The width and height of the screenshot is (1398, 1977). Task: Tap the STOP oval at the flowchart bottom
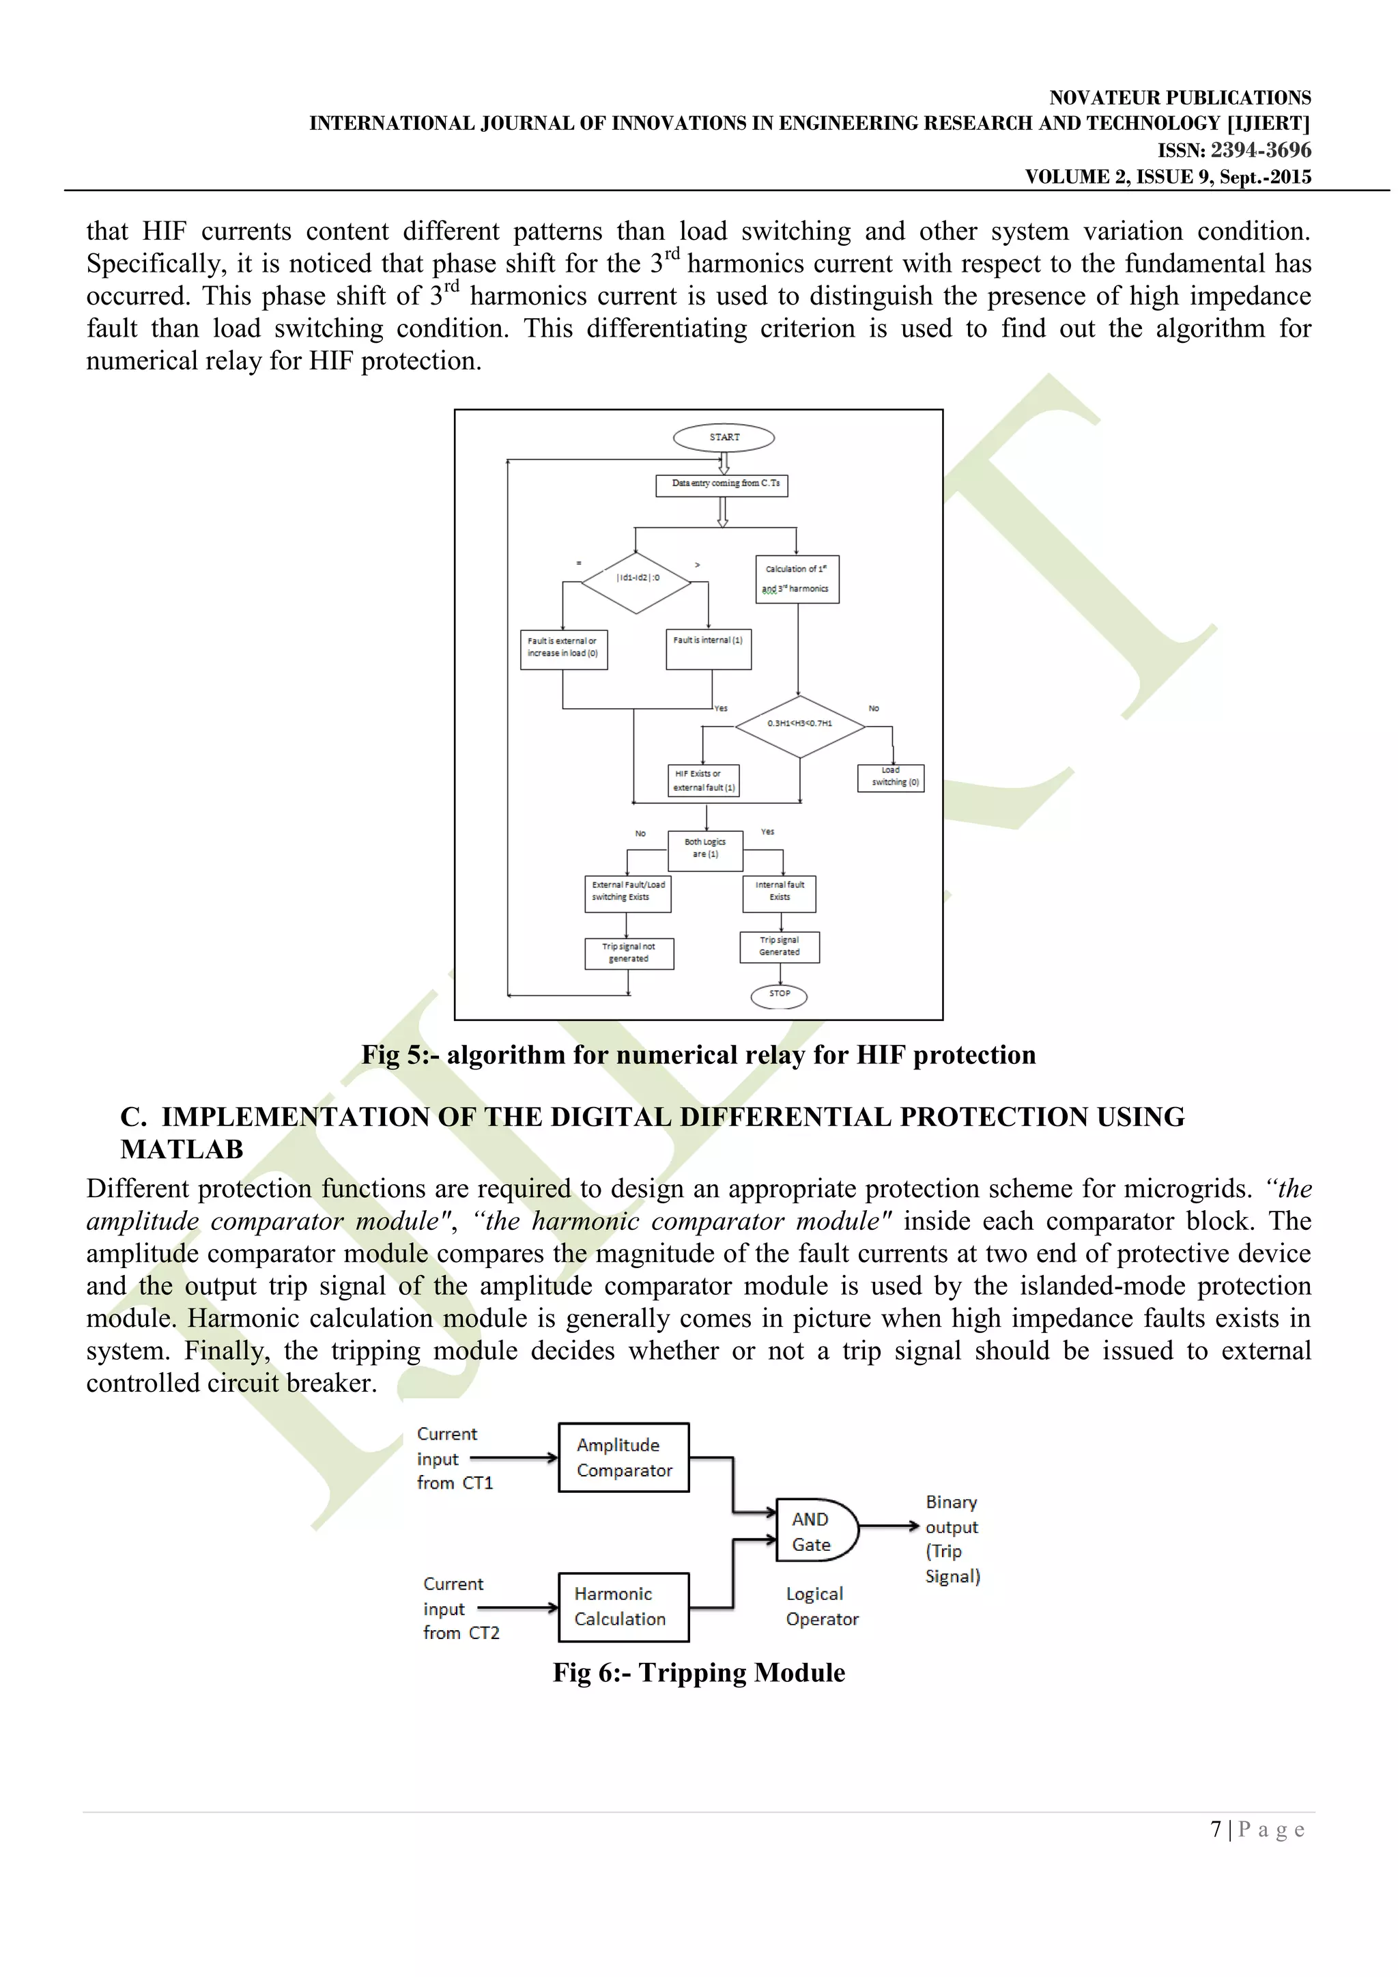[x=779, y=996]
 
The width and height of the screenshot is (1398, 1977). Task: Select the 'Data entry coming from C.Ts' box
[x=722, y=485]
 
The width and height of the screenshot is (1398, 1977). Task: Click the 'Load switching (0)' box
[x=891, y=778]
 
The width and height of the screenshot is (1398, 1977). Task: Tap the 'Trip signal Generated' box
[x=779, y=947]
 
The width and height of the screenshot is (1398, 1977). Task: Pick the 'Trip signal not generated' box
[x=629, y=954]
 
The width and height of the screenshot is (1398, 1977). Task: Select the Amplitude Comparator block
[x=623, y=1457]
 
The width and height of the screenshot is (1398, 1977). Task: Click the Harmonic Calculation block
[x=623, y=1607]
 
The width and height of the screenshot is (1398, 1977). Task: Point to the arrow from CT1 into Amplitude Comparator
[x=514, y=1458]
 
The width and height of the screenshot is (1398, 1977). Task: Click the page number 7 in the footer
[x=1216, y=1829]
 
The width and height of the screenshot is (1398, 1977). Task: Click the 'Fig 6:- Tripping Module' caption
[x=698, y=1673]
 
